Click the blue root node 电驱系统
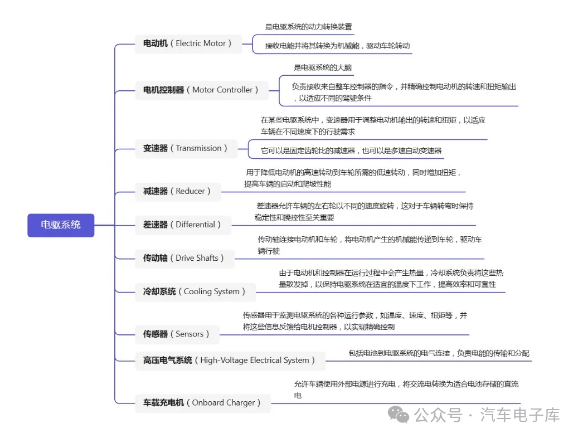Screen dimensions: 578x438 click(x=61, y=225)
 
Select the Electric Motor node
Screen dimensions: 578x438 click(x=188, y=44)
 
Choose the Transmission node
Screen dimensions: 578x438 click(x=186, y=149)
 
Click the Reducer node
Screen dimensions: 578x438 click(x=178, y=192)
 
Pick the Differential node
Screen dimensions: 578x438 click(x=183, y=225)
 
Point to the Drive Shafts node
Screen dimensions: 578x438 click(x=184, y=259)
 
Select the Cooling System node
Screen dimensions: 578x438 click(x=196, y=292)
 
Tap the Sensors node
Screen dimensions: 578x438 click(x=177, y=334)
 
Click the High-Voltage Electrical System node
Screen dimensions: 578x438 click(x=230, y=361)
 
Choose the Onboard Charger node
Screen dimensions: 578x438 click(x=203, y=403)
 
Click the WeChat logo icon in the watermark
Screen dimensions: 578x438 click(x=399, y=415)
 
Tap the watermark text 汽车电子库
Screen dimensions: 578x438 click(x=520, y=415)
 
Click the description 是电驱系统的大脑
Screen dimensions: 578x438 click(x=323, y=67)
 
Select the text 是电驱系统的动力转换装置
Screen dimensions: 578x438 click(x=309, y=27)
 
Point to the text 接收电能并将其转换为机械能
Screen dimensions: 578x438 click(x=312, y=46)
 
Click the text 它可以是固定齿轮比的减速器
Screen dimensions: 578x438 click(x=308, y=150)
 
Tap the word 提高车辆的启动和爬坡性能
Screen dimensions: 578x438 click(x=288, y=184)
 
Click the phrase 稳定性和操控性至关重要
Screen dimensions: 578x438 click(x=294, y=217)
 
